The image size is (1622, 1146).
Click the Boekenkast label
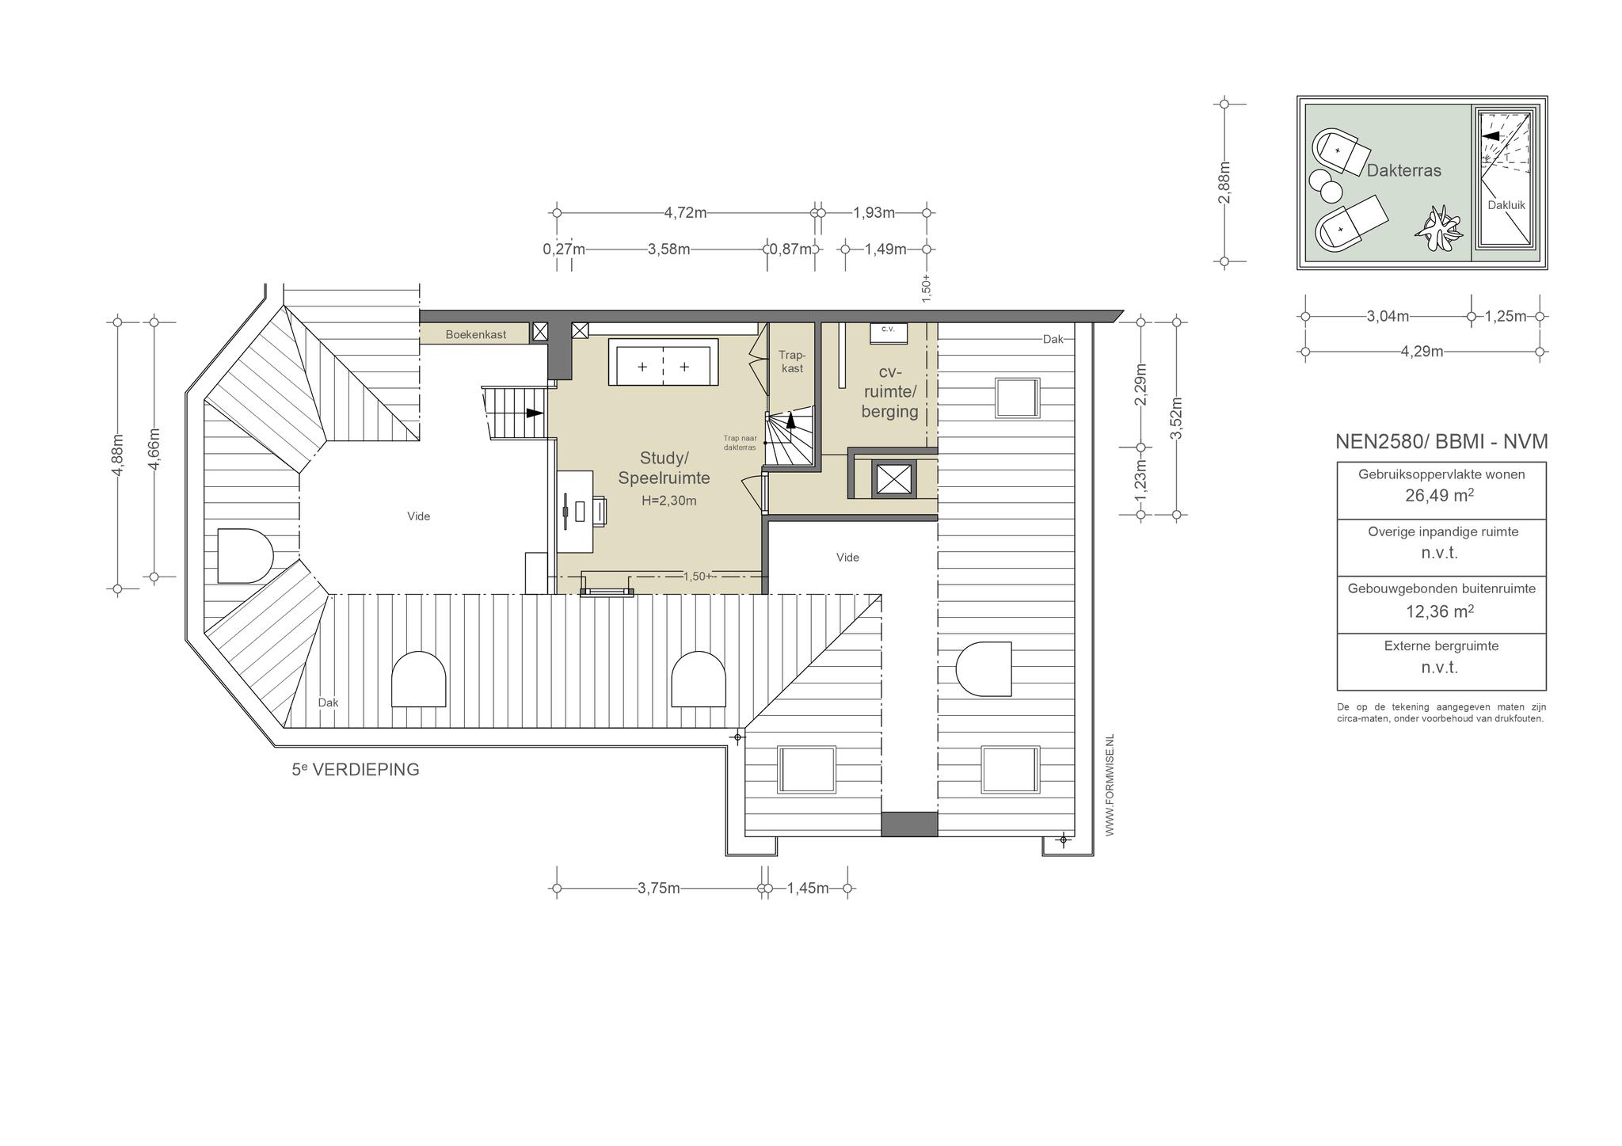475,335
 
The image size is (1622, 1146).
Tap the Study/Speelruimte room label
664,468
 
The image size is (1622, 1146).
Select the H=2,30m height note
669,501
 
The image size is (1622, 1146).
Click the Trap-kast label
791,362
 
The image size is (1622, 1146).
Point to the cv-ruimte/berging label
890,392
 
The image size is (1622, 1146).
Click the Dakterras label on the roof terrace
1404,170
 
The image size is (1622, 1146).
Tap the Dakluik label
1506,205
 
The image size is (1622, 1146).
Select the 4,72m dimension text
686,213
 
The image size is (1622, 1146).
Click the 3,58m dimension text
669,249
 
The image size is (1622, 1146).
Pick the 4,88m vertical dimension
118,456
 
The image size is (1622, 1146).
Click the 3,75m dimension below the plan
659,889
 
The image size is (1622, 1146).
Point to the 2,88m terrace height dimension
1224,183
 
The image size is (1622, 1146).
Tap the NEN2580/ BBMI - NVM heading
1441,442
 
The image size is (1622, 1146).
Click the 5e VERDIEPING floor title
356,769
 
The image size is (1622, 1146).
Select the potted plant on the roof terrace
1437,229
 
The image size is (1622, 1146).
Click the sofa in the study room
664,363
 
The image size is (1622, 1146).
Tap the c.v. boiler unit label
888,329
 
